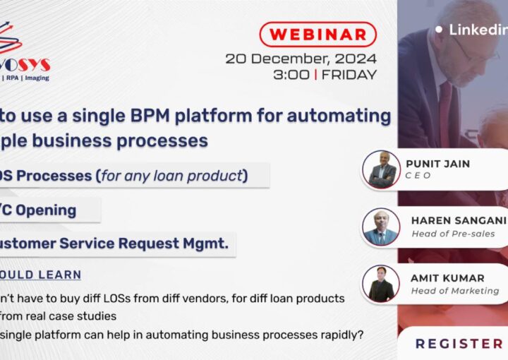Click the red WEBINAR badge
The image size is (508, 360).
point(317,34)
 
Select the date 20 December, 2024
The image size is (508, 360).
point(301,59)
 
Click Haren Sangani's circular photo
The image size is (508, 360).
point(382,227)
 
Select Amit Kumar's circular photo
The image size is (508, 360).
point(382,284)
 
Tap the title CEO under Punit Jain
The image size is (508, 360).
point(419,176)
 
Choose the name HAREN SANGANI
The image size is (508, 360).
point(459,220)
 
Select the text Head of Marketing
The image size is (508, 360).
point(455,291)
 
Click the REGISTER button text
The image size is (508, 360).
point(459,344)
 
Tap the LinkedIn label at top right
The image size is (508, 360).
point(478,30)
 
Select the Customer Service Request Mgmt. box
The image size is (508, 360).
point(113,244)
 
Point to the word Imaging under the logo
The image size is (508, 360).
point(37,78)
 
